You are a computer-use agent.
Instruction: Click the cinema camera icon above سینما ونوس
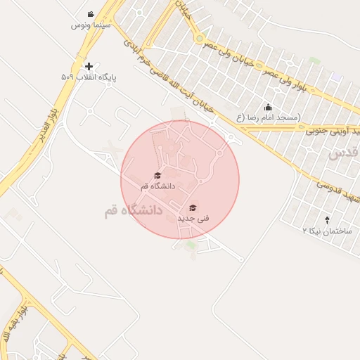pyautogui.click(x=91, y=14)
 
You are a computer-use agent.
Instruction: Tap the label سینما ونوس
pyautogui.click(x=91, y=25)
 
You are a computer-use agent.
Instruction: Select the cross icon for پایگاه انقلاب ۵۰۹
pyautogui.click(x=89, y=65)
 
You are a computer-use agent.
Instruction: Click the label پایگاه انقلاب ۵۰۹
pyautogui.click(x=88, y=76)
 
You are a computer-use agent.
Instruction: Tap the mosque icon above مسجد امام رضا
pyautogui.click(x=268, y=108)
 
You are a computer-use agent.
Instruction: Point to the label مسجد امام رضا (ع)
pyautogui.click(x=268, y=117)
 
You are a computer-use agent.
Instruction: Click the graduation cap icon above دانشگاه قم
pyautogui.click(x=157, y=176)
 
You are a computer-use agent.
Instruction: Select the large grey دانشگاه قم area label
pyautogui.click(x=133, y=210)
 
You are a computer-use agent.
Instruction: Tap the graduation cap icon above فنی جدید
pyautogui.click(x=193, y=208)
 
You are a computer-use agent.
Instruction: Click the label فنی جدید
pyautogui.click(x=193, y=219)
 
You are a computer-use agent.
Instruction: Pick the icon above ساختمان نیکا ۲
pyautogui.click(x=328, y=220)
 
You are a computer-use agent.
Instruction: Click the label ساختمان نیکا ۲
pyautogui.click(x=328, y=231)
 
